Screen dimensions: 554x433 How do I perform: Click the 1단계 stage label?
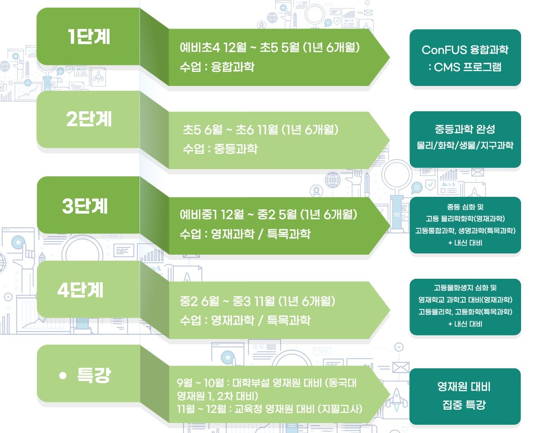(89, 37)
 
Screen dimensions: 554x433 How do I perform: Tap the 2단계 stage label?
(89, 119)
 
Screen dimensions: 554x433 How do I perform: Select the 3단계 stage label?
(85, 206)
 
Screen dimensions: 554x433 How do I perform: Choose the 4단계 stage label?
(80, 290)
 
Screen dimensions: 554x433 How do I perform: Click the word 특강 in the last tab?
(94, 376)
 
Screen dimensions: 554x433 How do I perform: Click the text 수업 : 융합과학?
(217, 67)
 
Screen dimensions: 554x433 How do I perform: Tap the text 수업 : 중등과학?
(220, 149)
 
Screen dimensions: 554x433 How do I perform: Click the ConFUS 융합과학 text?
(465, 50)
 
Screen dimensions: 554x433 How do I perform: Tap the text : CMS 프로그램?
(465, 67)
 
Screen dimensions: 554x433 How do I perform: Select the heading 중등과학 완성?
(465, 129)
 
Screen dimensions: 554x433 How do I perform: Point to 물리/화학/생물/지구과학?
(465, 145)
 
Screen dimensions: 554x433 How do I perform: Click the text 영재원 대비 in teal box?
(464, 387)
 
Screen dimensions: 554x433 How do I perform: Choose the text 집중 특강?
(464, 405)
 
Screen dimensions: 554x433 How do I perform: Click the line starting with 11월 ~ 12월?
(269, 409)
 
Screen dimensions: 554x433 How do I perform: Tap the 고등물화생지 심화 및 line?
(465, 288)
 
